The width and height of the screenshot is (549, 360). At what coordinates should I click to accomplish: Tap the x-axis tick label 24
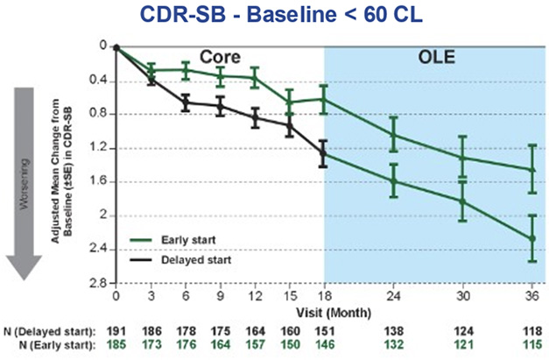click(x=393, y=297)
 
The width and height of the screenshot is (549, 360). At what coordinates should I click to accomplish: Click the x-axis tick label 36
click(x=532, y=297)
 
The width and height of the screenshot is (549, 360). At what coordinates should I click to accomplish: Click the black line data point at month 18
click(x=324, y=152)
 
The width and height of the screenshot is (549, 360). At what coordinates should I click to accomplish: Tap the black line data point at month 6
click(x=186, y=103)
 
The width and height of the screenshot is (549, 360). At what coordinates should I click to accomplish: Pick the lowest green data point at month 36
click(x=532, y=237)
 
